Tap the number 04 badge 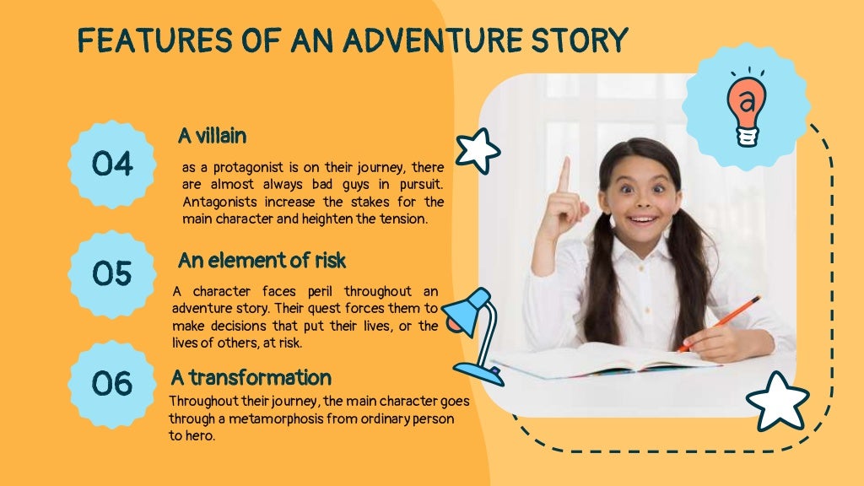click(113, 164)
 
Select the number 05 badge click(113, 273)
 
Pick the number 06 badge click(113, 383)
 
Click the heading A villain click(212, 135)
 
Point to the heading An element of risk click(262, 260)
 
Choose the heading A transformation click(251, 376)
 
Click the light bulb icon click(746, 108)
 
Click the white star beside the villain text click(478, 150)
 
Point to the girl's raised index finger click(564, 173)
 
